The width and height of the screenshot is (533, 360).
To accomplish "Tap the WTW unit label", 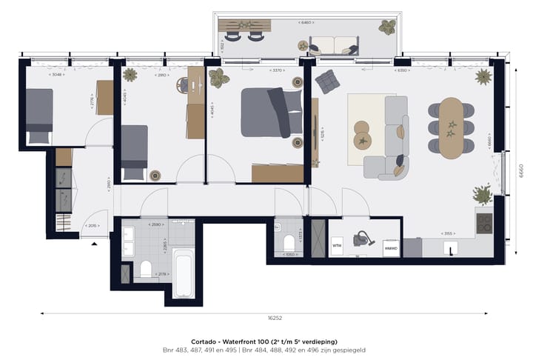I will [x=336, y=245].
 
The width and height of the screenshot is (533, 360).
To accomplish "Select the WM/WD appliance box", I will [x=392, y=248].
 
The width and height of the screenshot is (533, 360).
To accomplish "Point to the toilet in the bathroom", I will [x=145, y=269].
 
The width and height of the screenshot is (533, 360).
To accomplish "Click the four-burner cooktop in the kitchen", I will [x=484, y=222].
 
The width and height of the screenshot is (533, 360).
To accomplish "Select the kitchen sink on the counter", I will [x=448, y=250].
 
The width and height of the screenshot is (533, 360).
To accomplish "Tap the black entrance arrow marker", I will [x=93, y=243].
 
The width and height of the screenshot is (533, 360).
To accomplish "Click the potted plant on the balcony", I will [x=386, y=28].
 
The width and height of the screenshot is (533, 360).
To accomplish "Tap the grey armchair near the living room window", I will [x=326, y=81].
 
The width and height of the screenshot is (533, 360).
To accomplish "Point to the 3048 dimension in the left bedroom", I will [x=58, y=74].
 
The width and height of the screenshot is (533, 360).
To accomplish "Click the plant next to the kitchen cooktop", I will [x=483, y=195].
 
